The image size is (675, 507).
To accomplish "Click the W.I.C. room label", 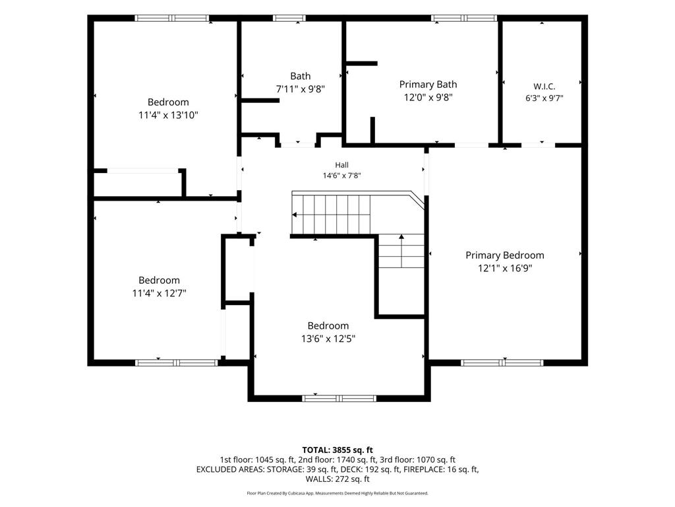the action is coord(544,86).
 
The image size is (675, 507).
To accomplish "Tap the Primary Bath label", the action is coord(428,84).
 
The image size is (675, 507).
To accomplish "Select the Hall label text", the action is coord(342,164).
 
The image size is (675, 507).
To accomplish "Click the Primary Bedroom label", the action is coord(504,255).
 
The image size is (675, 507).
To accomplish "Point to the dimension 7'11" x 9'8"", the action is coord(300,89).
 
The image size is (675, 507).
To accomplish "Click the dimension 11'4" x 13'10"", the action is coord(168,115).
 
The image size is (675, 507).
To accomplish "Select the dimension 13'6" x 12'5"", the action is coord(328,339).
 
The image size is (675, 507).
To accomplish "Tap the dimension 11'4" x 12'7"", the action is coord(159,293).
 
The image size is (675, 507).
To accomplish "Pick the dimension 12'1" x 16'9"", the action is coord(504,268).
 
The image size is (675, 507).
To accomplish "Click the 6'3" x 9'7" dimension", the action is coord(544,98).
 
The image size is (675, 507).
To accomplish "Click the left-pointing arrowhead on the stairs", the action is coord(295,215).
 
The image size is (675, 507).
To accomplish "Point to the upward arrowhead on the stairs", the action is coord(401,237).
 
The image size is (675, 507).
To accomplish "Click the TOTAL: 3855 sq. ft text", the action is coord(337,450).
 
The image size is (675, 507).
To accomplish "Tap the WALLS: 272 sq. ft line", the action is coord(337,479).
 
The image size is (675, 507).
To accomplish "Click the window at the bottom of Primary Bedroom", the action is coord(502,363).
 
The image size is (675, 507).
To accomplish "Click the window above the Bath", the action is coord(289,18).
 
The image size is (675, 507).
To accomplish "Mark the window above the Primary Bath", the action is coord(464,18).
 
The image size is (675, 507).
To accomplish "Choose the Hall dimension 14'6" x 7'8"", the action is coord(342,176).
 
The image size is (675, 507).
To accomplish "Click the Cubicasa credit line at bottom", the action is coord(337,493).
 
